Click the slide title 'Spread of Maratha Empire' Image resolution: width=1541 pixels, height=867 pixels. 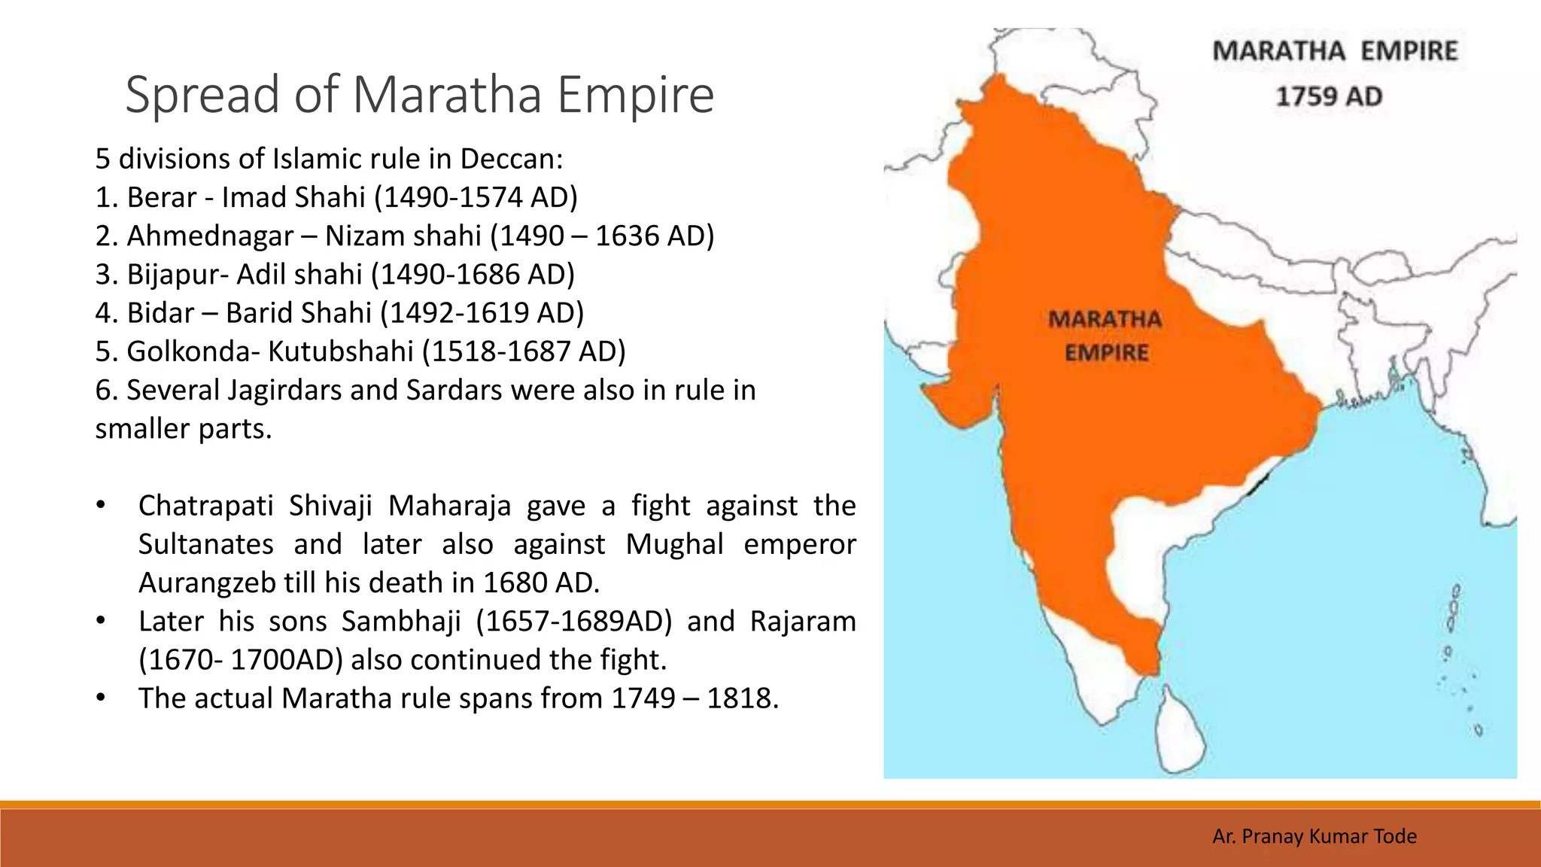[x=419, y=95]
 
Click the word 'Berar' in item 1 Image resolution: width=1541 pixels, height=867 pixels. [x=161, y=197]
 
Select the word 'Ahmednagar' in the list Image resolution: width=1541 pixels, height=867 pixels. [x=209, y=236]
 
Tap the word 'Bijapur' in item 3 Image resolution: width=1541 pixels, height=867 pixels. [x=172, y=275]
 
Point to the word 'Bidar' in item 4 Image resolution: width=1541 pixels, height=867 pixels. [x=160, y=313]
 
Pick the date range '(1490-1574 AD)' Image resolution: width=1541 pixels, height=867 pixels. [x=476, y=197]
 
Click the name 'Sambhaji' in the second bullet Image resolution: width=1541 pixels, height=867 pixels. [x=400, y=622]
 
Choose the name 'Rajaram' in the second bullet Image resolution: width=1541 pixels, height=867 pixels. [x=802, y=622]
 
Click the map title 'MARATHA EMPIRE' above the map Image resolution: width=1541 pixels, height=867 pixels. [x=1335, y=51]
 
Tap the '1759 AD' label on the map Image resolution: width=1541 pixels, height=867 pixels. [x=1329, y=96]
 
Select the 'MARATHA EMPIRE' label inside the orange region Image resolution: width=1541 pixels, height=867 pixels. [x=1105, y=336]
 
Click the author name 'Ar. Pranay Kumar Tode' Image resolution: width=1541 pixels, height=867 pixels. [x=1314, y=836]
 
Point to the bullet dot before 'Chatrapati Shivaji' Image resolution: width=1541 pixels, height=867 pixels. [x=101, y=506]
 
